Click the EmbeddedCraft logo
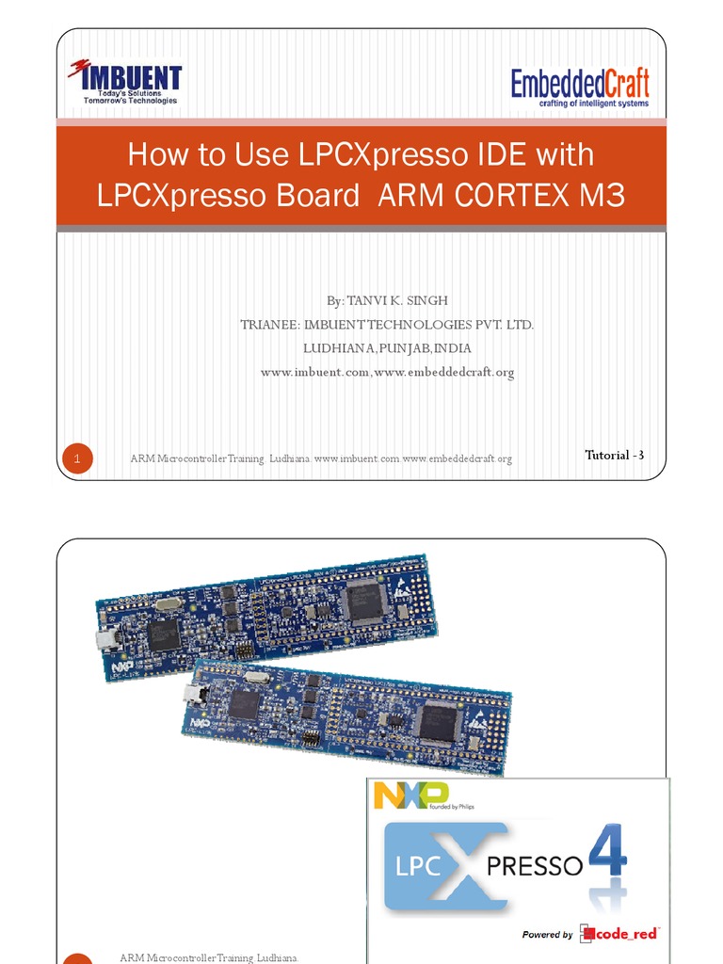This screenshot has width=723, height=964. [x=580, y=87]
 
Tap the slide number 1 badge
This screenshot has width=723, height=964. [x=78, y=458]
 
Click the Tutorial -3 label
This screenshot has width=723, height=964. [x=614, y=456]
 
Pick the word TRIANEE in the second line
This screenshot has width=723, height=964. [x=269, y=325]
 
